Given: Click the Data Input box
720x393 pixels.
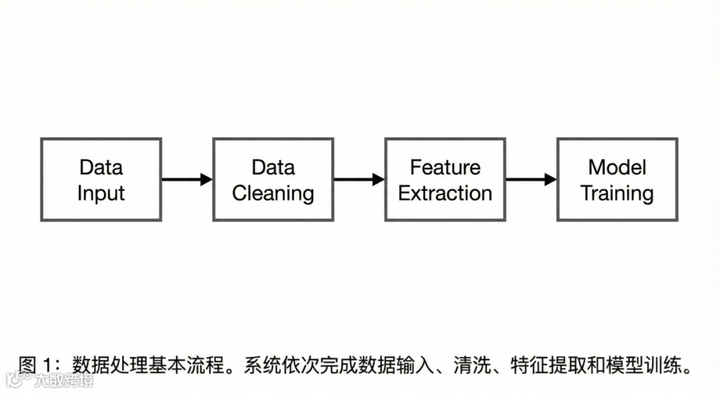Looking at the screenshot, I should click(x=101, y=179).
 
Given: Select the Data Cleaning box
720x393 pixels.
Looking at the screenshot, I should click(x=273, y=179).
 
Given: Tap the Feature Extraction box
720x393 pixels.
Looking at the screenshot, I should click(x=445, y=179).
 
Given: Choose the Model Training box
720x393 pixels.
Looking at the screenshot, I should click(x=617, y=179).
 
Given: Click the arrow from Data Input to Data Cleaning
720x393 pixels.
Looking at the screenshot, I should click(x=187, y=179).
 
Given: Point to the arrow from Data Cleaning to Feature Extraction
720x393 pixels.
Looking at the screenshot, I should click(x=359, y=179).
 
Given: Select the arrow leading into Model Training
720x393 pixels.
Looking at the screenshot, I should click(x=531, y=179).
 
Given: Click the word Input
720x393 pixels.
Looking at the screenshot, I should click(x=101, y=193).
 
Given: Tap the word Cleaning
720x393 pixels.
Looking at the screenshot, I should click(x=273, y=193).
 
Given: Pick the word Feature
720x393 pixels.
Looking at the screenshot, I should click(x=445, y=167).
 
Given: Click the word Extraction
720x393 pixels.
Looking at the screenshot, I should click(x=445, y=193).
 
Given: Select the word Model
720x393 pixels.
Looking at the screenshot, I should click(x=617, y=167).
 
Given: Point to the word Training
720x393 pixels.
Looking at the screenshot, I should click(x=617, y=193).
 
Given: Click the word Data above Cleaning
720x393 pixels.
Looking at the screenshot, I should click(x=273, y=167).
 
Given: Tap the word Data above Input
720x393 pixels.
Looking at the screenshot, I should click(x=101, y=167).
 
